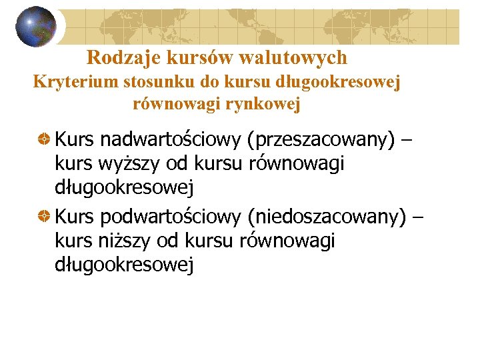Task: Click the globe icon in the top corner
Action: (x=36, y=27)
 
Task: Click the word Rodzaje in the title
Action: (x=115, y=58)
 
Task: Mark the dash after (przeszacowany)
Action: (x=407, y=140)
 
